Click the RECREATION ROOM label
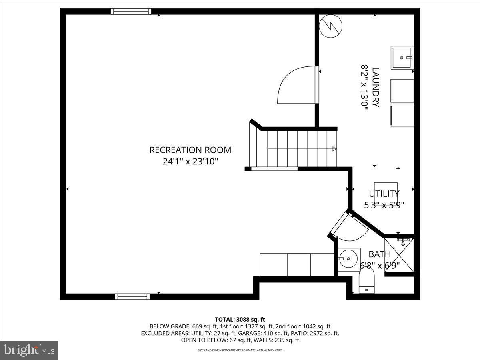click(x=190, y=150)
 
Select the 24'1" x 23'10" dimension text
click(x=190, y=162)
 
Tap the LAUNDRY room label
click(x=375, y=87)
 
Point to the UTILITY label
click(x=384, y=194)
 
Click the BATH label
click(x=380, y=254)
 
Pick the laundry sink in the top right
click(x=402, y=58)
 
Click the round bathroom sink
click(x=348, y=259)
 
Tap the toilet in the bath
click(x=366, y=280)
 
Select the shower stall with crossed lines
click(x=398, y=255)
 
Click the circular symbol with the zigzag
click(x=331, y=27)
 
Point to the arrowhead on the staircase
click(x=334, y=149)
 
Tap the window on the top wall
click(x=131, y=12)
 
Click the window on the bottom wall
click(x=132, y=296)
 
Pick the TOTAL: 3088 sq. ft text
click(x=240, y=319)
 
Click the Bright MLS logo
click(x=29, y=350)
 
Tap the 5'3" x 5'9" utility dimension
click(x=384, y=205)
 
